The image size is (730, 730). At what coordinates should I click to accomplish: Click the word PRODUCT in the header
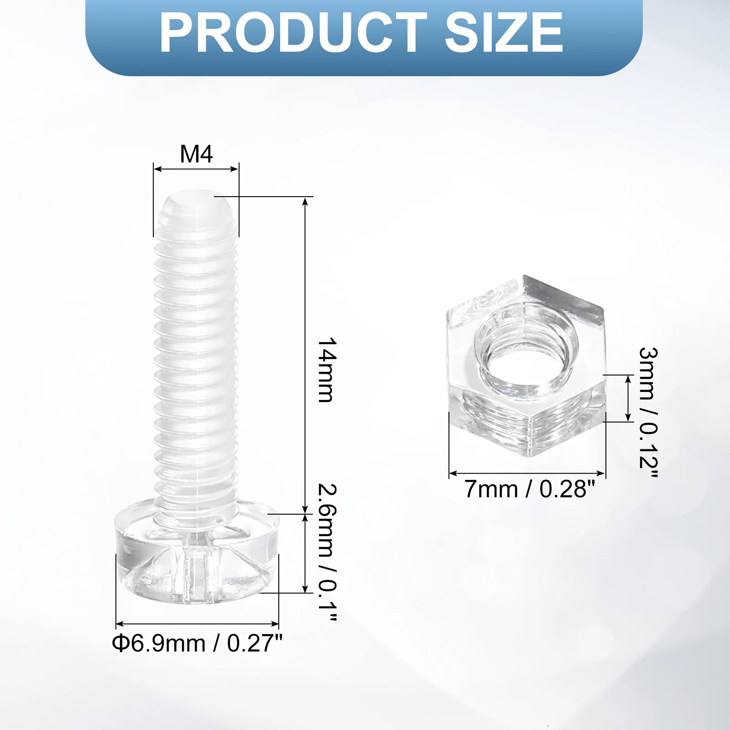click(x=293, y=33)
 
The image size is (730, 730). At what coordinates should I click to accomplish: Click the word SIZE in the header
click(x=504, y=33)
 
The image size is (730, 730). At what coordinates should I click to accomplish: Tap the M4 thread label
click(x=196, y=154)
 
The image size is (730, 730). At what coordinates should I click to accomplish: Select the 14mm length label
click(x=327, y=370)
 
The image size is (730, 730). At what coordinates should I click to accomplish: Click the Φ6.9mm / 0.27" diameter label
click(x=197, y=643)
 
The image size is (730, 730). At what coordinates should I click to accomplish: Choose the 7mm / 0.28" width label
click(x=530, y=489)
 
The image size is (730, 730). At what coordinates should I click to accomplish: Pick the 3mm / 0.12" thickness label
click(x=648, y=412)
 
